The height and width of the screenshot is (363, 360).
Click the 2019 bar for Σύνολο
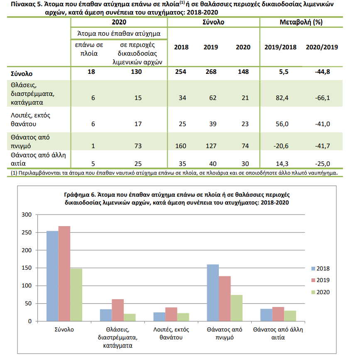coord(64,273)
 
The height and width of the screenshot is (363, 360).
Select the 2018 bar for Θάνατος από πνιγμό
coord(213,292)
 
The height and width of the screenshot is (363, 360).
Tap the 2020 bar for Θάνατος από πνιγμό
coord(237,308)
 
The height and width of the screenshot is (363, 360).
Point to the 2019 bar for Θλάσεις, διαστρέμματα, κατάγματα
coord(118,310)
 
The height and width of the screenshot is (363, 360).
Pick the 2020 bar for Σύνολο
coord(76,295)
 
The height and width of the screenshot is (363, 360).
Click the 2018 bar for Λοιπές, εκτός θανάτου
coord(159,317)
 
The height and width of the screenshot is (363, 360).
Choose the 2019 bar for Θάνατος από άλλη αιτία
coord(278,314)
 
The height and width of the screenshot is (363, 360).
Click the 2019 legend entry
coord(321,280)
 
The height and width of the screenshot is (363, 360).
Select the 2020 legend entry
coord(321,292)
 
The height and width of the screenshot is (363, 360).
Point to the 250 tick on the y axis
coord(27,232)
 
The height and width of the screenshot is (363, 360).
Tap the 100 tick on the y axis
coord(27,286)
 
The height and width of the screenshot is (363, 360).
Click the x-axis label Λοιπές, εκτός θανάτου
coord(171,334)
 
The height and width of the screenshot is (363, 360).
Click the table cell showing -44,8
coord(322,72)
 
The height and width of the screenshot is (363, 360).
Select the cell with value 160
coord(181,146)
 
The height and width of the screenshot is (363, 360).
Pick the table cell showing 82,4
coord(282,98)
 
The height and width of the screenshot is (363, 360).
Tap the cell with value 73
coord(138,146)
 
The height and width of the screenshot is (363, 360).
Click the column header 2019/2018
coord(280,47)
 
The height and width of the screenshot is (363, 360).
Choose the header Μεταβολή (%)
coord(301,22)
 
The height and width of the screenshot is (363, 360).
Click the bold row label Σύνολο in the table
coord(22,74)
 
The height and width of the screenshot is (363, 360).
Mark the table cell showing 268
coord(211,72)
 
